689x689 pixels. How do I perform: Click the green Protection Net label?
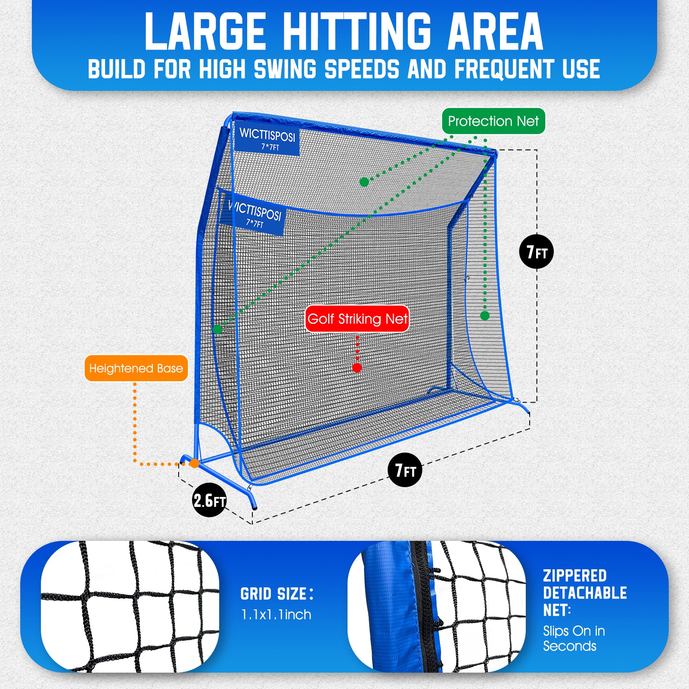coord(493,121)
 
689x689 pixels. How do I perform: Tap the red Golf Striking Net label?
coord(357,319)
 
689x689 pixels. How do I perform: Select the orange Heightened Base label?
coord(136,368)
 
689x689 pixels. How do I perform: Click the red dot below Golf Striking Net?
coord(357,368)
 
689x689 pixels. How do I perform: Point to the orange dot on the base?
coord(195,463)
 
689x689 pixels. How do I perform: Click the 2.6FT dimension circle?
coord(209,500)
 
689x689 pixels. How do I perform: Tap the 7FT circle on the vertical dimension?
coord(536,252)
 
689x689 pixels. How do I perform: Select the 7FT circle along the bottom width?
coord(405,470)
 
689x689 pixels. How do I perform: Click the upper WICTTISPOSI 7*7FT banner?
coord(267,139)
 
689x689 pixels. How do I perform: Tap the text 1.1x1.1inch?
coord(276,615)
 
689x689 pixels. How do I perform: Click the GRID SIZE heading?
coord(276,594)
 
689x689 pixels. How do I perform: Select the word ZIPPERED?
coord(574,576)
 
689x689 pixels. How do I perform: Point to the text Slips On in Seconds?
coord(574,638)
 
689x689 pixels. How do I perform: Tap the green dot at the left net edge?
coord(217,329)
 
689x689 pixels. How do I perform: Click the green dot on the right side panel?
coord(484,316)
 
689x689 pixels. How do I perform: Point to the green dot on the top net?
coord(364,182)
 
